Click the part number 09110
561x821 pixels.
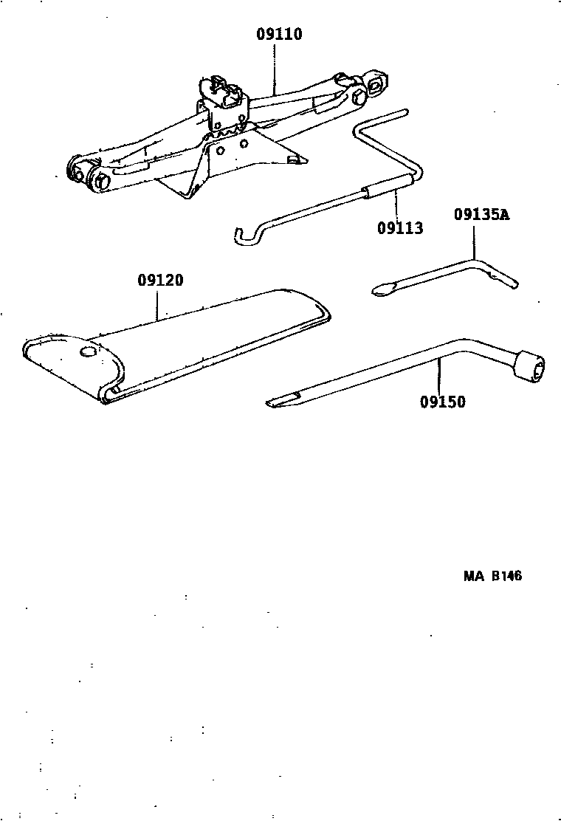(x=279, y=34)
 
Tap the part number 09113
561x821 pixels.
(x=400, y=228)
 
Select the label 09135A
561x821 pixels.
(x=481, y=215)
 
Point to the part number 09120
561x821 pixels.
(x=161, y=280)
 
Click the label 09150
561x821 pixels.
(x=443, y=402)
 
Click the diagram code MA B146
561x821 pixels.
(x=492, y=576)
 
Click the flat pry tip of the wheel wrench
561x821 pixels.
(x=283, y=400)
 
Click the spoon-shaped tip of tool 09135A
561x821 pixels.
(x=384, y=289)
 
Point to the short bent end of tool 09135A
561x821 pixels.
(x=504, y=279)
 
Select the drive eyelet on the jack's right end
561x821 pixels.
(x=376, y=81)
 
